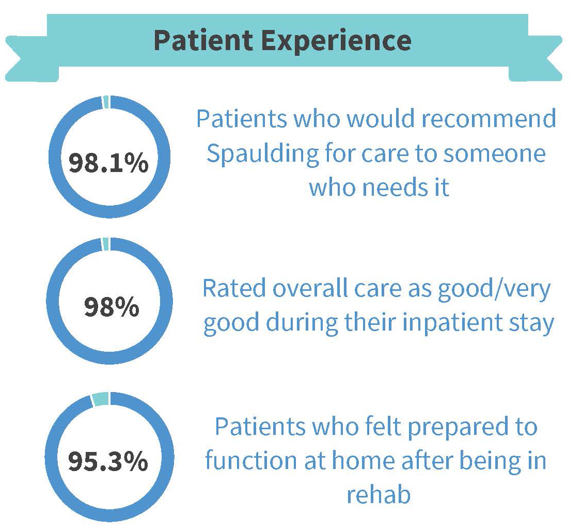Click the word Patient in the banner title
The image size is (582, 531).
(x=204, y=40)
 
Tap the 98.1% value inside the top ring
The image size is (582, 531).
(x=108, y=163)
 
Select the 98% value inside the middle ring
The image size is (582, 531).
(x=112, y=307)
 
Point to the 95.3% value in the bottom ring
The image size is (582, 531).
(x=108, y=462)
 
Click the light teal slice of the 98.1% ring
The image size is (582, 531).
(x=106, y=102)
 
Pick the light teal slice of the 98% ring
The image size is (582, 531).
(x=105, y=244)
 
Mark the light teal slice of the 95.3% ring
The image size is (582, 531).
(x=100, y=399)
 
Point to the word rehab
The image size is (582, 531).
(x=379, y=494)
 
